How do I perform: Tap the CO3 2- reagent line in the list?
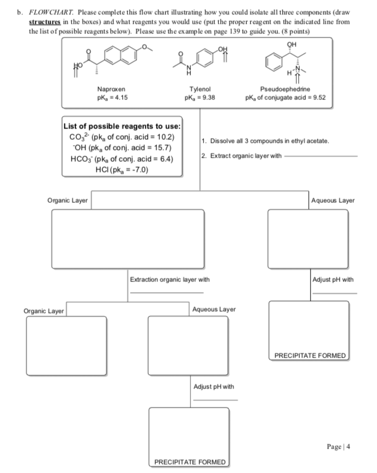(122, 137)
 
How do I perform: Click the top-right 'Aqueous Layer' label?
(333, 201)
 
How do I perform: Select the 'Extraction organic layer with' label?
(170, 279)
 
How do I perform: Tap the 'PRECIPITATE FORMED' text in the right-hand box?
(310, 356)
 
